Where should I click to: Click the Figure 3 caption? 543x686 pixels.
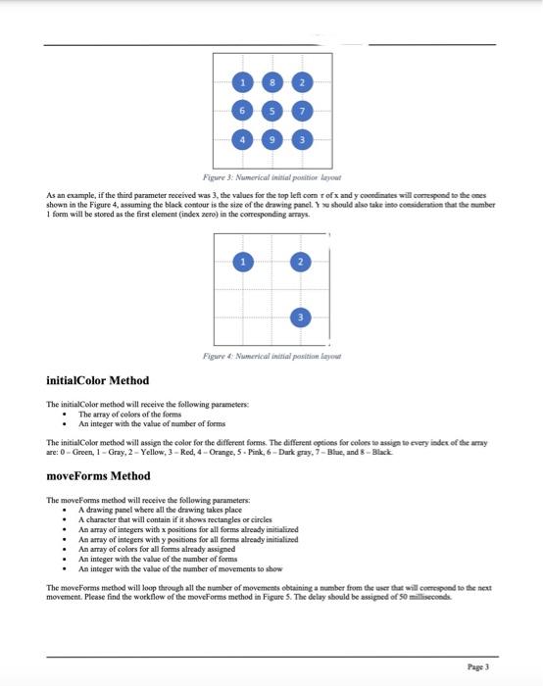coord(271,171)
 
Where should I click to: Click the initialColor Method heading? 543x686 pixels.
coord(98,380)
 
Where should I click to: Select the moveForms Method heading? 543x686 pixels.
coord(98,475)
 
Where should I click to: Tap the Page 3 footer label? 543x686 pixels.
coord(479,665)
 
